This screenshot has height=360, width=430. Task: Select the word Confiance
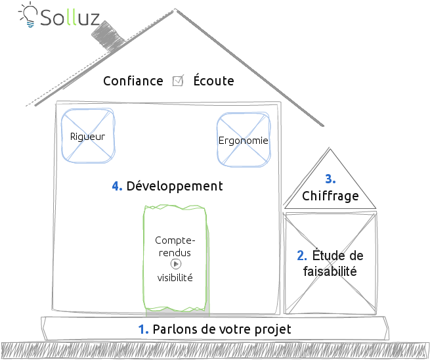[x=133, y=81]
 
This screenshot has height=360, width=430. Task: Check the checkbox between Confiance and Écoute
[x=177, y=81]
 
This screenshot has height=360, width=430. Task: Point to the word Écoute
[x=213, y=81]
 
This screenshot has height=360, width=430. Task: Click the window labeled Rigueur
[x=87, y=136]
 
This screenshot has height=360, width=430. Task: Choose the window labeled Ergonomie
[x=243, y=140]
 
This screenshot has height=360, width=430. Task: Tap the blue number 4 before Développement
[x=117, y=187]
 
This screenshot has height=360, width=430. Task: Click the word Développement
[x=175, y=187]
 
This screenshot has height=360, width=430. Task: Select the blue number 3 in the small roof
[x=330, y=179]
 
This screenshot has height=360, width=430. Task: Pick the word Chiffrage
[x=330, y=196]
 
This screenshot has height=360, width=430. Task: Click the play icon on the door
[x=175, y=263]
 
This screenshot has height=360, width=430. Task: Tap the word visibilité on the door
[x=175, y=277]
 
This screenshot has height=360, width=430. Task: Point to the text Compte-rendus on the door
[x=175, y=246]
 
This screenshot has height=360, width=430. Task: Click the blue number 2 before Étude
[x=302, y=256]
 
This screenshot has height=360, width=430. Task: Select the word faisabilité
[x=330, y=271]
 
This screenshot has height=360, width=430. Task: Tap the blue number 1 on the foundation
[x=143, y=329]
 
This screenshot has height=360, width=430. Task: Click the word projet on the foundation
[x=272, y=330]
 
